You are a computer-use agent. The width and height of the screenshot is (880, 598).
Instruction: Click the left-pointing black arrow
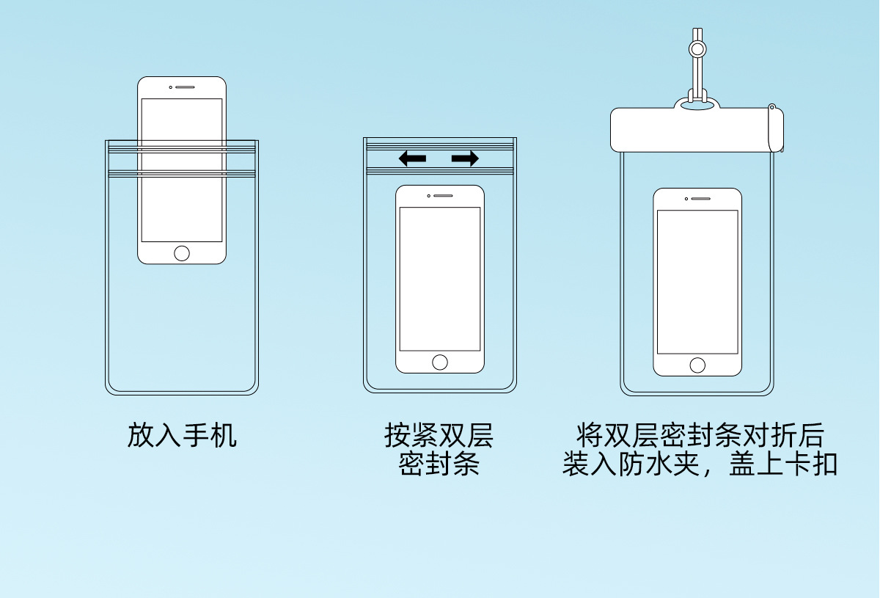[412, 158]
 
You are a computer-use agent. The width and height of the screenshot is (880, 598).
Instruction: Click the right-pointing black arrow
[465, 158]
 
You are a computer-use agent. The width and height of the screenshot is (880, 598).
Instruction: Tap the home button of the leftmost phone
[182, 253]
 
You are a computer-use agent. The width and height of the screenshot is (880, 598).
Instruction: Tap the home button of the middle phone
[440, 362]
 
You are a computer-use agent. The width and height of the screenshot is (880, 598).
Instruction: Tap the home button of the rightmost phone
[697, 365]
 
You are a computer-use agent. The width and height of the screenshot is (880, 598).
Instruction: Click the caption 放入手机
[182, 435]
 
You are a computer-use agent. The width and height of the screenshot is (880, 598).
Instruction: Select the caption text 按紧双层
[439, 435]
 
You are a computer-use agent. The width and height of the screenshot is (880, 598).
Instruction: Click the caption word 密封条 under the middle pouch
[439, 464]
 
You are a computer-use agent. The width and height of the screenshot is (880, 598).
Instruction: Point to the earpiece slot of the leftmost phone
[185, 87]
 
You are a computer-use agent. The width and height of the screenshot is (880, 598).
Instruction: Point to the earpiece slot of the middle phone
[443, 196]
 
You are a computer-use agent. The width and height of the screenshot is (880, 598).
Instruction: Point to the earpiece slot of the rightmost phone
[700, 199]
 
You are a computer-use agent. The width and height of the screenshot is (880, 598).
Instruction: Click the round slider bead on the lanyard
[697, 49]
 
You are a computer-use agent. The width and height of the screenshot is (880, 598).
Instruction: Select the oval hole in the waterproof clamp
[697, 107]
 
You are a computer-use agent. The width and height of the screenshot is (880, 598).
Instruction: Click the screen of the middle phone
[440, 279]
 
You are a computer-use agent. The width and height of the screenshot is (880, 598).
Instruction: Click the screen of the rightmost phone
[697, 282]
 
